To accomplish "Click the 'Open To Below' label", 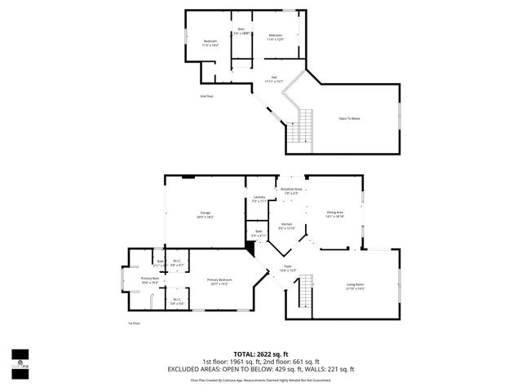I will [350, 119].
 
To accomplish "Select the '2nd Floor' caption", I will [207, 96].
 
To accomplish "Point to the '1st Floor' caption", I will [135, 323].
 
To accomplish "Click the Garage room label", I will [206, 215].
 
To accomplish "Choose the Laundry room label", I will [259, 199].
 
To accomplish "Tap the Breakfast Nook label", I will [291, 191].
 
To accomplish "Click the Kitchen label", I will [286, 226].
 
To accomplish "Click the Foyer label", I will [288, 268].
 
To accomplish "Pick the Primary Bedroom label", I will [220, 282].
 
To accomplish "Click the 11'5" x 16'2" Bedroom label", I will [210, 43].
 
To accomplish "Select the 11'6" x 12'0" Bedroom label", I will [276, 37].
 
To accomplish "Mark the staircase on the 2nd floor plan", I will [304, 126].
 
